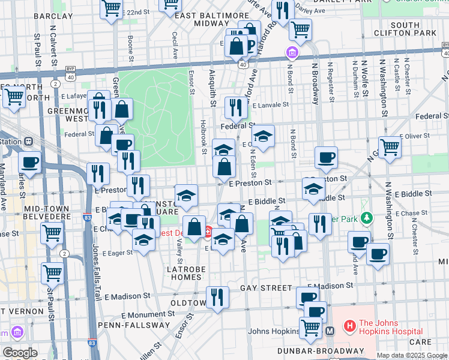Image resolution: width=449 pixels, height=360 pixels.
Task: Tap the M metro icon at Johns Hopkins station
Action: pyautogui.click(x=330, y=331)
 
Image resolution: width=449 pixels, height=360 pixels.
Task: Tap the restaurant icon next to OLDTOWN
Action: pyautogui.click(x=217, y=296)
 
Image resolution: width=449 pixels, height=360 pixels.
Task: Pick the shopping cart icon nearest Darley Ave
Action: pyautogui.click(x=300, y=28)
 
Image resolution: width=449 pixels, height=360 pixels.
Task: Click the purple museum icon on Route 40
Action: pyautogui.click(x=292, y=53)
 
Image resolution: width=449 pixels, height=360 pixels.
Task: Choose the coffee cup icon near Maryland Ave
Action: pyautogui.click(x=29, y=161)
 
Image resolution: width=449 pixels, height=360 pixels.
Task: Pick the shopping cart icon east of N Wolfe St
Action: pyautogui.click(x=390, y=146)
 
